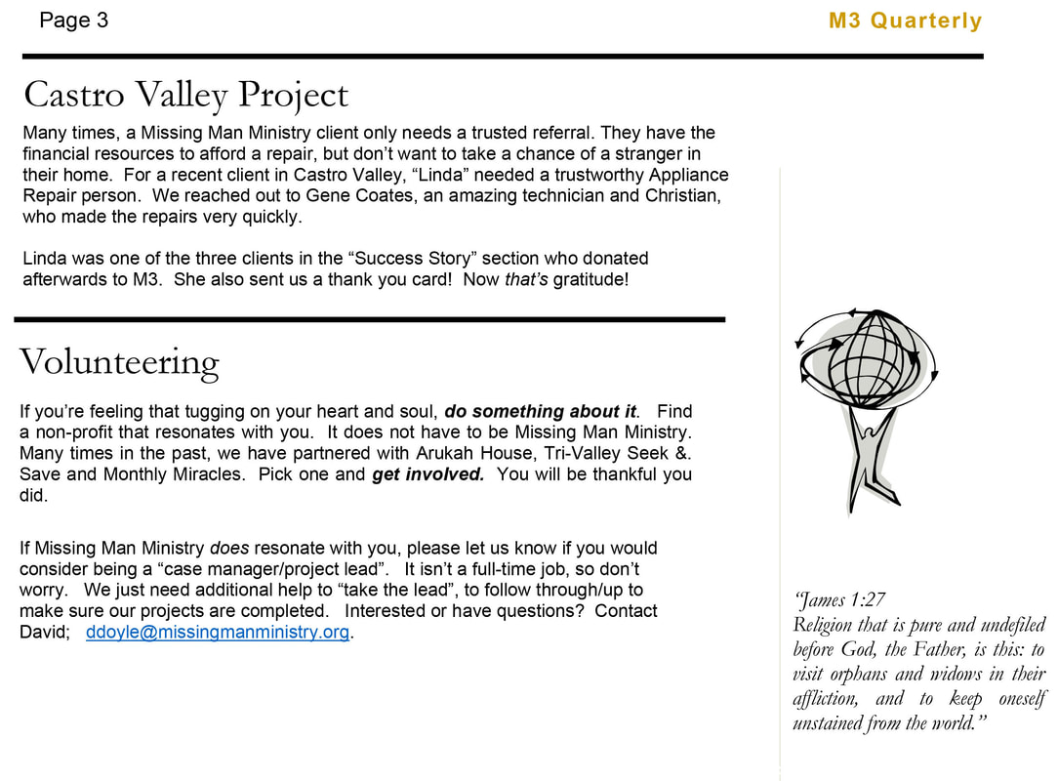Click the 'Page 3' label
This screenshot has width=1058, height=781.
coord(74,21)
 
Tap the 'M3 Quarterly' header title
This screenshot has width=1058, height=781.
coord(905,21)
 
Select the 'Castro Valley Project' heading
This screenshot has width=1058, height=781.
coord(185,96)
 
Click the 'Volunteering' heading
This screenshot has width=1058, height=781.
coord(119,363)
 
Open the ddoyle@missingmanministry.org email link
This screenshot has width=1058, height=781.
coord(218,632)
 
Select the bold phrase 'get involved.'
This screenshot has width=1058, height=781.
coord(428,474)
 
